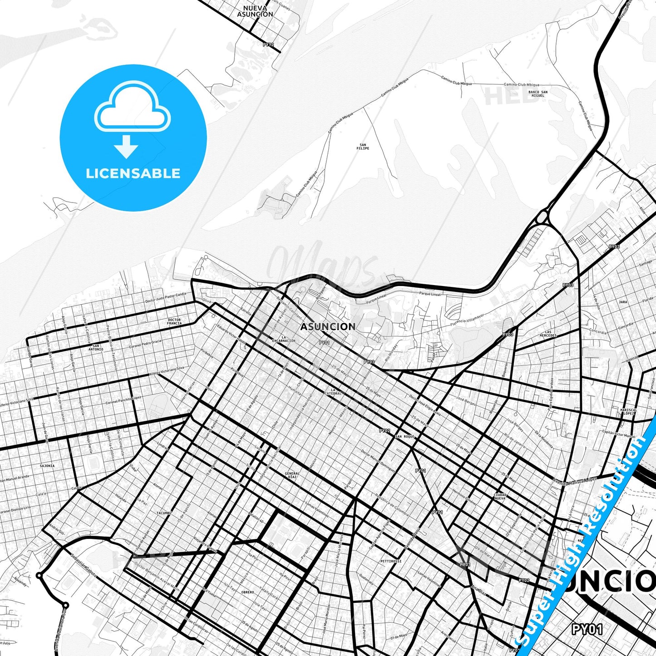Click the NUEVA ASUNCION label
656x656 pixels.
[255, 11]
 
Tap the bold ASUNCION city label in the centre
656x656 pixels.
[328, 326]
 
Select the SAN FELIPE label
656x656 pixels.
[363, 147]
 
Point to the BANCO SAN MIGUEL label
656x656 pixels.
[538, 94]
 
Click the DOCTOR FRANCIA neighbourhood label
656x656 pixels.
[174, 321]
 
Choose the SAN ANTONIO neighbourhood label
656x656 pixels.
[95, 347]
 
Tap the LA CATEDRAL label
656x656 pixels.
[336, 391]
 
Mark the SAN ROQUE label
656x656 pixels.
[405, 436]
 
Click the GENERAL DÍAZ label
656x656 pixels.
[292, 475]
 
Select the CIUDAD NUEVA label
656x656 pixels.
[500, 496]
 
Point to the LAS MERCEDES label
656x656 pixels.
[548, 334]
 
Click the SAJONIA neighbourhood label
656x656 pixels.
[47, 466]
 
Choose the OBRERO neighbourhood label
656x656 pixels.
[247, 592]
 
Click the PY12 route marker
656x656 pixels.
[268, 44]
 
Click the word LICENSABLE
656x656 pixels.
[133, 173]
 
